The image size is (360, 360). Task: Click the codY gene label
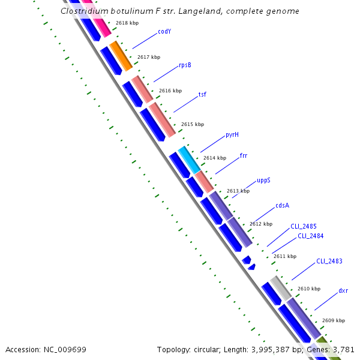(x=164, y=31)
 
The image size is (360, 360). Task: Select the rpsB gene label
(x=185, y=65)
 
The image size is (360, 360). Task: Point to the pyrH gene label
(x=232, y=134)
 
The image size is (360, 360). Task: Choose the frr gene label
(x=243, y=156)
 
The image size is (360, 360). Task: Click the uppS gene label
(x=263, y=180)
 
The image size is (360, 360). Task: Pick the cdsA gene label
(x=282, y=205)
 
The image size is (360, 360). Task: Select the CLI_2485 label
(x=304, y=226)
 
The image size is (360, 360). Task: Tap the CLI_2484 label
(x=310, y=236)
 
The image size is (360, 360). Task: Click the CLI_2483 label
(x=329, y=261)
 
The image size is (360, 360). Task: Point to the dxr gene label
(x=343, y=291)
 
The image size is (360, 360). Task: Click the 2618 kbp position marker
(x=127, y=23)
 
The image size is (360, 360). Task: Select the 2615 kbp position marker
(x=193, y=125)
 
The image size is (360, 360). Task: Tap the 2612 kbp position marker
(x=261, y=224)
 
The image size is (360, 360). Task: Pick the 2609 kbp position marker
(x=333, y=321)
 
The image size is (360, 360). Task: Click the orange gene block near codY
(x=120, y=55)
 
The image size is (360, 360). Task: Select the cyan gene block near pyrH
(x=188, y=160)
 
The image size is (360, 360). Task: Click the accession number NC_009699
(x=67, y=349)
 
